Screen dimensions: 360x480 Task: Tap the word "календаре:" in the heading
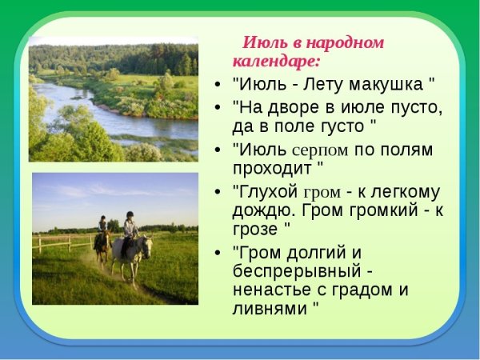(276, 60)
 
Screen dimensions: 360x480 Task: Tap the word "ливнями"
(269, 310)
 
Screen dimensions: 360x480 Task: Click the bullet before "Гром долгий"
(219, 253)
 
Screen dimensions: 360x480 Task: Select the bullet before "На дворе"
(219, 106)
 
